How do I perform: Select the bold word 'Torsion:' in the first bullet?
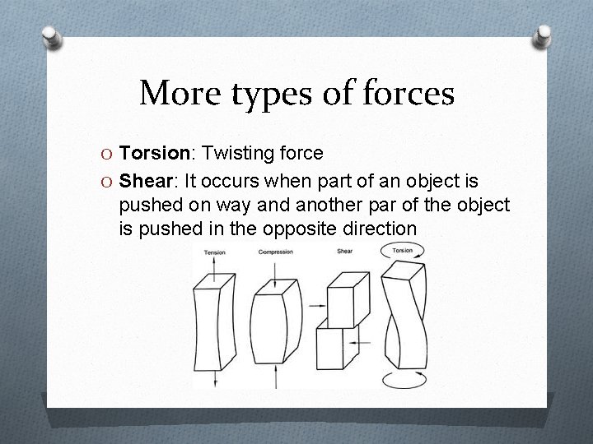154,154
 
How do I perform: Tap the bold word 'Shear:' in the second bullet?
147,180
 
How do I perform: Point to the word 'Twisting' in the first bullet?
239,154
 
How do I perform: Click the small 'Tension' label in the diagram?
214,252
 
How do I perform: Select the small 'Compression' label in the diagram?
275,252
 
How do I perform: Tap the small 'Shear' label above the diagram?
344,251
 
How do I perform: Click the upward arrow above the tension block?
214,263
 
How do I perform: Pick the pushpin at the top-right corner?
543,35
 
